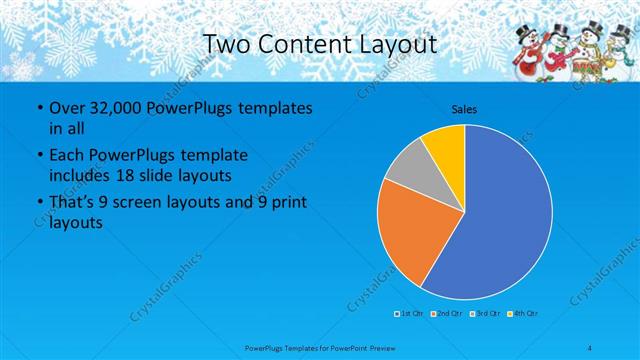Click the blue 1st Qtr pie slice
[x=500, y=220]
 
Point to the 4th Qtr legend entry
[x=523, y=314]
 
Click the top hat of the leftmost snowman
[x=528, y=29]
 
